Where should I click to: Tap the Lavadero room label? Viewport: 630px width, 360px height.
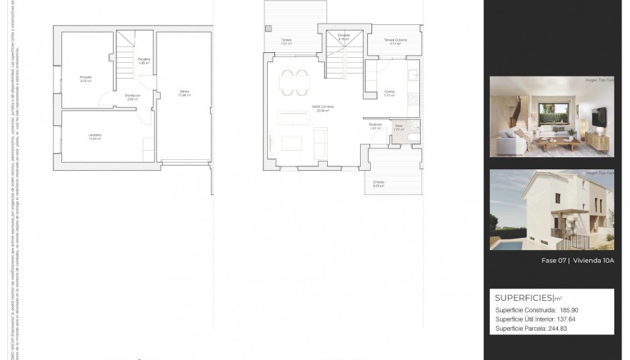[94, 135]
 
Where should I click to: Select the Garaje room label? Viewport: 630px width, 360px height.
[184, 91]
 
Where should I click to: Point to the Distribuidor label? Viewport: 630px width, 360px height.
[132, 95]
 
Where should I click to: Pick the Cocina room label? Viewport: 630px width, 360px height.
[389, 91]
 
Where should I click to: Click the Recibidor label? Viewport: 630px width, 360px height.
[376, 126]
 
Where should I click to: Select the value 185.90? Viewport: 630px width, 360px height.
[569, 310]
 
